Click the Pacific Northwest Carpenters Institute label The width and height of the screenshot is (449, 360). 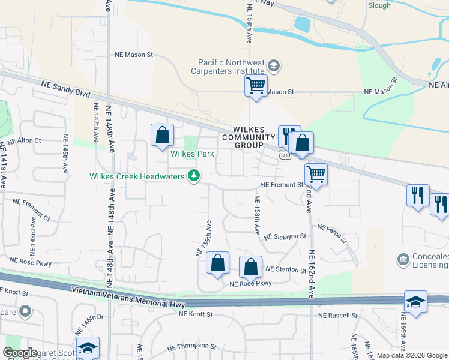(x=232, y=66)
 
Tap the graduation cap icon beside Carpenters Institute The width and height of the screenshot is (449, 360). (x=274, y=65)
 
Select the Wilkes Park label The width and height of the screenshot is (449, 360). (x=193, y=154)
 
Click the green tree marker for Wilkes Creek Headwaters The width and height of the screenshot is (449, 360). (x=194, y=176)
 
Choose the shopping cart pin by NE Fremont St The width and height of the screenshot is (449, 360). (x=316, y=175)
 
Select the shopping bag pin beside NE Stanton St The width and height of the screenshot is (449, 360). (x=251, y=267)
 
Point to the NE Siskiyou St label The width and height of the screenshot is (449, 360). (x=285, y=236)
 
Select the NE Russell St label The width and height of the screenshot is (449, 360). (x=337, y=315)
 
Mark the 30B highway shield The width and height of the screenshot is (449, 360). (x=286, y=155)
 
